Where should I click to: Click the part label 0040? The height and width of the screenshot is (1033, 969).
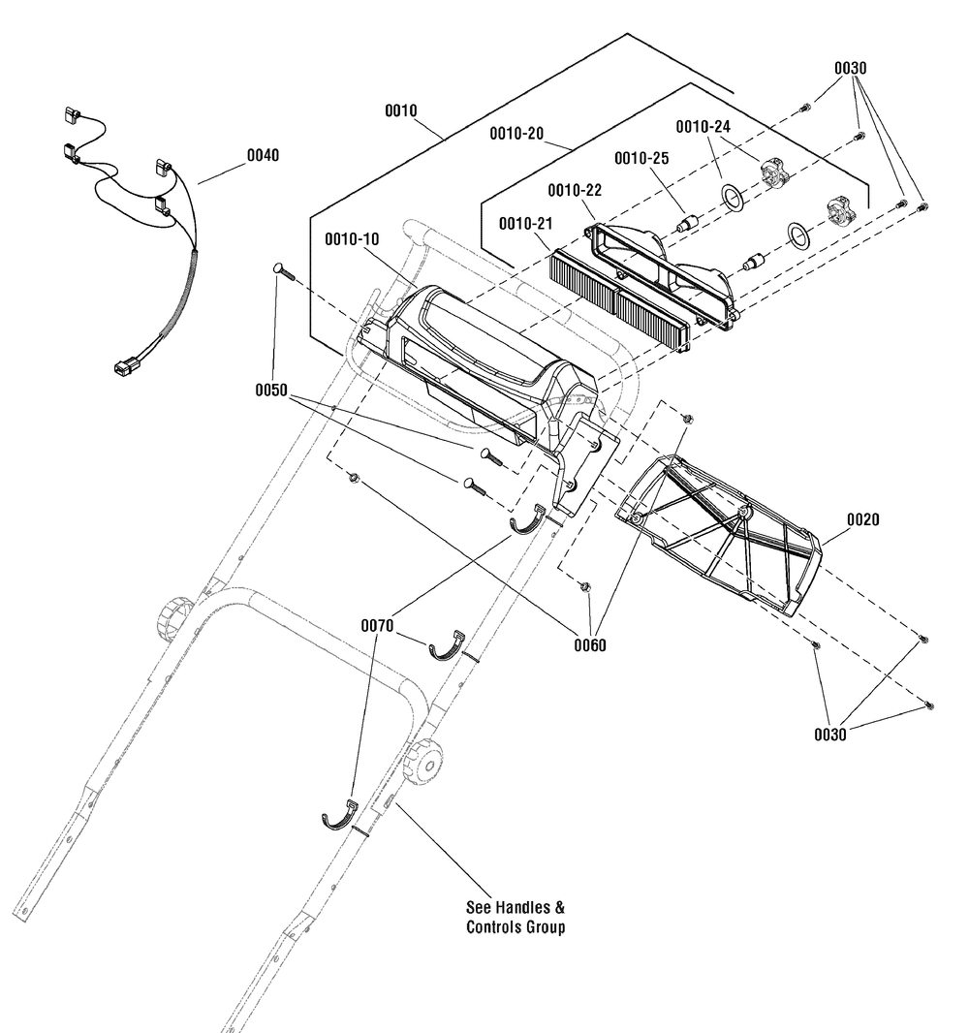263,155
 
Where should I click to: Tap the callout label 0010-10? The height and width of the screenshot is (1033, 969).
352,239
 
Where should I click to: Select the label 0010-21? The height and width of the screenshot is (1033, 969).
525,224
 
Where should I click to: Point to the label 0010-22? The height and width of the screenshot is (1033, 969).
575,190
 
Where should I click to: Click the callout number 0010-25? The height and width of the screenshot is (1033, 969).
641,158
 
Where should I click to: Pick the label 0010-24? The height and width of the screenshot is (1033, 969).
703,127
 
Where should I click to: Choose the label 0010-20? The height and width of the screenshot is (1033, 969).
516,134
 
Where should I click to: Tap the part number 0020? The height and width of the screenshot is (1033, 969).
862,519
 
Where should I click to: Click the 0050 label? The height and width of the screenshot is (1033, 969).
271,391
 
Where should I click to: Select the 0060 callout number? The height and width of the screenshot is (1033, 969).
589,645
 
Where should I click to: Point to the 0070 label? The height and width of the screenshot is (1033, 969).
377,626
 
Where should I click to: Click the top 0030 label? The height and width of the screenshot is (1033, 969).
851,69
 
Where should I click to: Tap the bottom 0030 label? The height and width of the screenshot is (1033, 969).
830,735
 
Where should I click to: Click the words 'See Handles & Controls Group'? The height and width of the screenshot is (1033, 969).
516,917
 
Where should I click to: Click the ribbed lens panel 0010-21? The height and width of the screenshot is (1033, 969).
619,296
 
